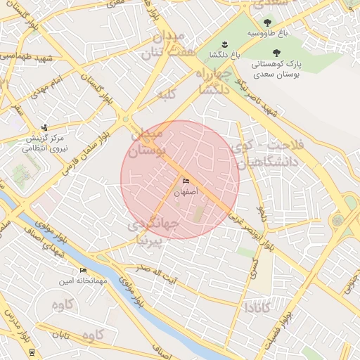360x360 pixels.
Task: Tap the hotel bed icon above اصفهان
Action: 186,181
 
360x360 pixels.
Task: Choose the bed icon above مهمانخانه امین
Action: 84,271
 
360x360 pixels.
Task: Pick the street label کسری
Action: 254,264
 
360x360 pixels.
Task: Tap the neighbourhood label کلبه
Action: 166,94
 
